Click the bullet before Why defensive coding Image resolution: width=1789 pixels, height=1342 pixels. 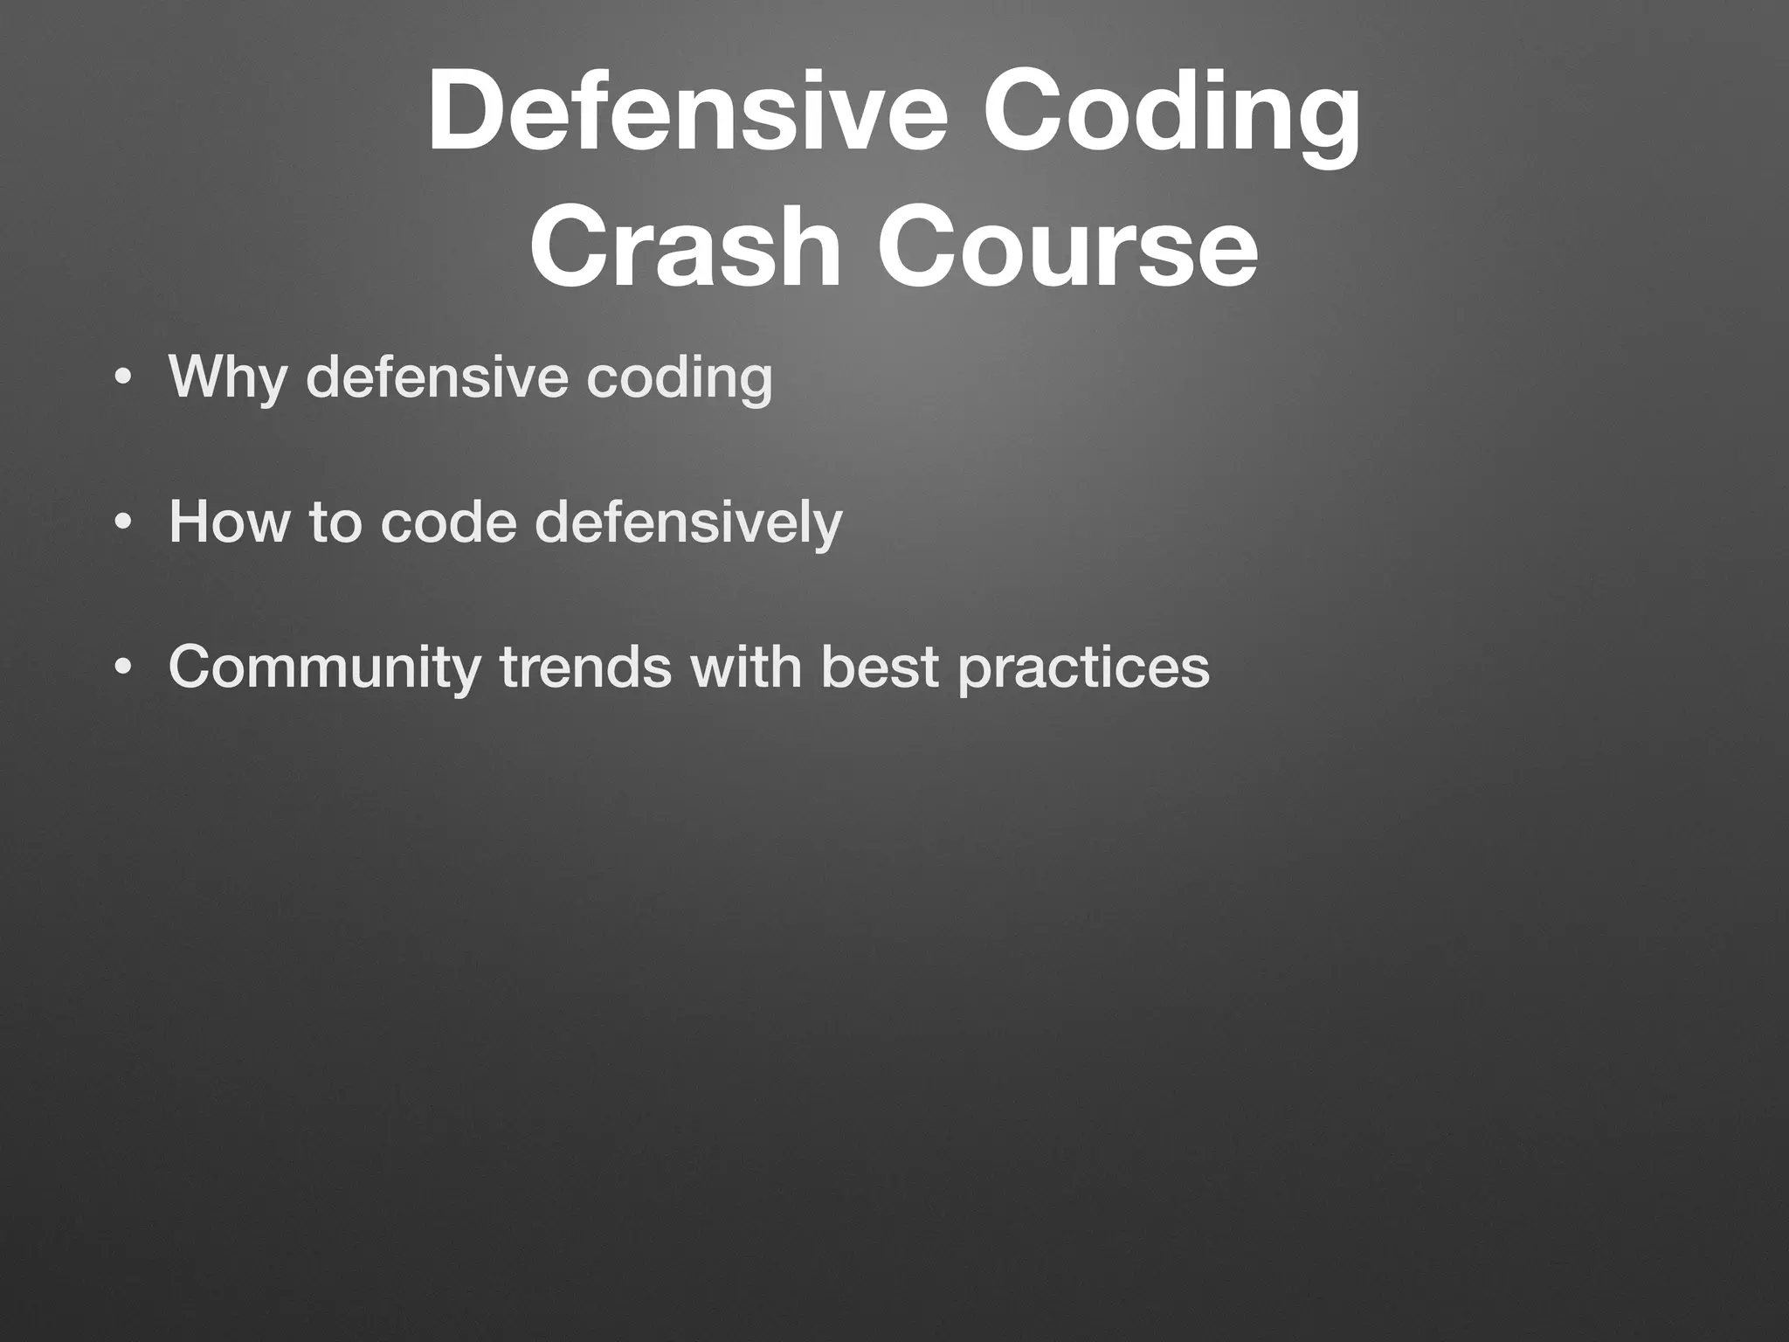pyautogui.click(x=123, y=378)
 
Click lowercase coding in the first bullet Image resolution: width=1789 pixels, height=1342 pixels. pyautogui.click(x=679, y=377)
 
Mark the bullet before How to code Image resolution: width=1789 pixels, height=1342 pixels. pyautogui.click(x=123, y=523)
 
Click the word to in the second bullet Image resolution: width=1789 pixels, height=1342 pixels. pyautogui.click(x=335, y=522)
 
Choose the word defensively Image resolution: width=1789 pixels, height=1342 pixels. pyautogui.click(x=688, y=523)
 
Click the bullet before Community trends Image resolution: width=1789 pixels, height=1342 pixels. pyautogui.click(x=123, y=668)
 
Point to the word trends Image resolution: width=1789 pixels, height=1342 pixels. pyautogui.click(x=585, y=667)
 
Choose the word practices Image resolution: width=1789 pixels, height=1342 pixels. pyautogui.click(x=1083, y=668)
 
